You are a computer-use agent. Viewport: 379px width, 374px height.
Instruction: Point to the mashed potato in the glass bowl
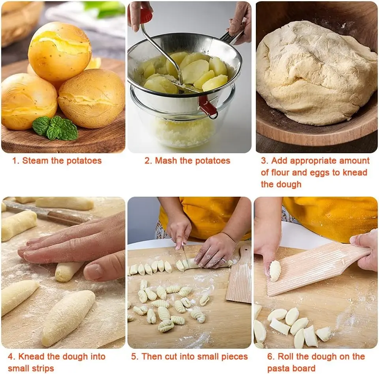(x=184, y=132)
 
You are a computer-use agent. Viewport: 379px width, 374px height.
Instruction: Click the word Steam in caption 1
(x=35, y=161)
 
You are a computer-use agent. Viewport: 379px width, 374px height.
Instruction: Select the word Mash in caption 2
(x=166, y=161)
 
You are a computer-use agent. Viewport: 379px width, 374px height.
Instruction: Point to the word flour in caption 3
(x=280, y=173)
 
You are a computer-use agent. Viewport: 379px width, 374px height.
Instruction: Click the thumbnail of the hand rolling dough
(x=63, y=273)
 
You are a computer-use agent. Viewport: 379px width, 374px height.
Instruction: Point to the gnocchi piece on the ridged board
(x=275, y=271)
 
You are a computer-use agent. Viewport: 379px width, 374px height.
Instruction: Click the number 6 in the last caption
(x=270, y=357)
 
